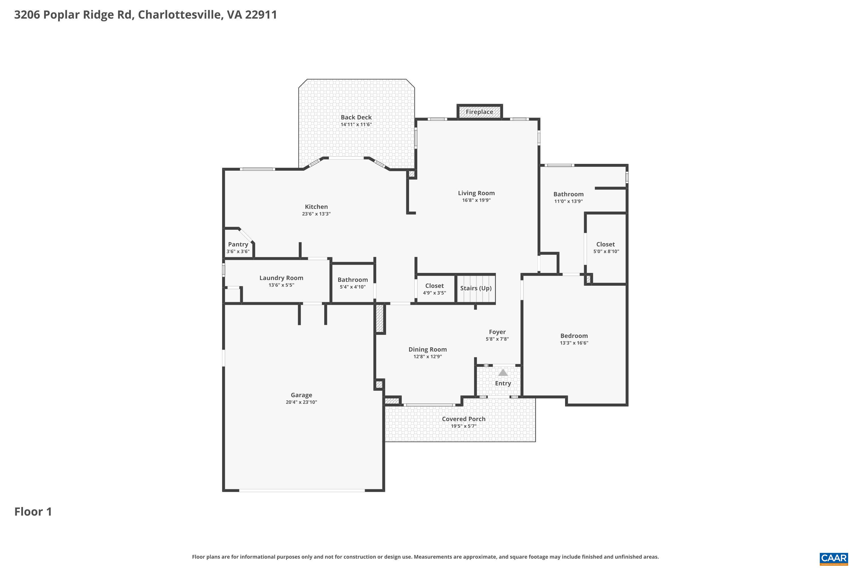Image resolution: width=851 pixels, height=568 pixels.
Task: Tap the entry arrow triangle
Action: pos(503,372)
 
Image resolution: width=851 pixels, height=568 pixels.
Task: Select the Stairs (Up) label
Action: pos(476,288)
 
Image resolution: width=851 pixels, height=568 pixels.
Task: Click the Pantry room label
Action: pos(238,244)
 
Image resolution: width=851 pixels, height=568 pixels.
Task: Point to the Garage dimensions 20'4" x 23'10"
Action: pos(301,402)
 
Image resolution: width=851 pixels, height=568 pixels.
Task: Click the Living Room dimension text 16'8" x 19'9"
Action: pos(476,200)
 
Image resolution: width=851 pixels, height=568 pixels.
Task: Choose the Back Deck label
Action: pos(356,117)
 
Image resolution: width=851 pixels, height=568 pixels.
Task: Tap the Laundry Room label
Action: pos(281,278)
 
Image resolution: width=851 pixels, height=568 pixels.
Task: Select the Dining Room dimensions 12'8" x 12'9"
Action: pos(428,356)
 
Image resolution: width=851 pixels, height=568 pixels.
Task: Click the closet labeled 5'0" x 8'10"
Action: pos(606,247)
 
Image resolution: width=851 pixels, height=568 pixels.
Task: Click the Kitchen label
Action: pos(316,206)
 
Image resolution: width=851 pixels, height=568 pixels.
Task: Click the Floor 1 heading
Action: pos(33,511)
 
